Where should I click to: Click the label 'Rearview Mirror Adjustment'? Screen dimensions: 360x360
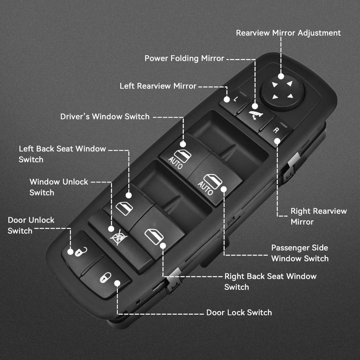coord(288,33)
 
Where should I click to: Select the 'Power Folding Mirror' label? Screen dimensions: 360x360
coord(184,58)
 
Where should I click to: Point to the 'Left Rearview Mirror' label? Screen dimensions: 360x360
coord(158,86)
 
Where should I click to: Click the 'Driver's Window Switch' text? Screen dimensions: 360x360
coord(105,116)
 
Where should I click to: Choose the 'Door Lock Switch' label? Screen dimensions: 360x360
coord(239,312)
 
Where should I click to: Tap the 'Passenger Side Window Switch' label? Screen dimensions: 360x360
coord(300,253)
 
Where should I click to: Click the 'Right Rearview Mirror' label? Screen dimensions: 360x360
coord(319,216)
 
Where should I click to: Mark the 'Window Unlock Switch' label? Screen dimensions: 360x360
coord(59,187)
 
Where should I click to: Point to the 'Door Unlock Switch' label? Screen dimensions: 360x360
coord(31,225)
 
